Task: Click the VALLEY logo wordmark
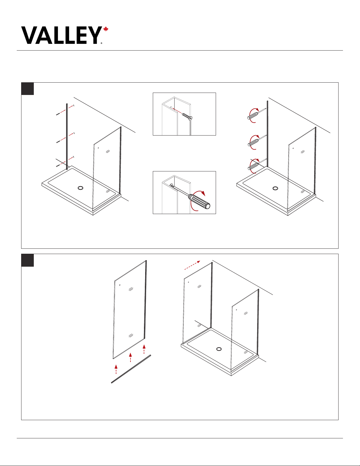[61, 35]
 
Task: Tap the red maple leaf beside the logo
[106, 29]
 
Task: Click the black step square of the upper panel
[27, 88]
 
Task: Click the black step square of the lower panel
[27, 260]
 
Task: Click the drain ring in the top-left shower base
[80, 188]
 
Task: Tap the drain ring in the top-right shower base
[275, 188]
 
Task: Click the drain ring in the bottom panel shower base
[219, 349]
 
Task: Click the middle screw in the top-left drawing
[58, 142]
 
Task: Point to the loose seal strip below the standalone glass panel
[131, 369]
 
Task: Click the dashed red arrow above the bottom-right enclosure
[192, 265]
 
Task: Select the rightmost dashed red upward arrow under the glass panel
[144, 349]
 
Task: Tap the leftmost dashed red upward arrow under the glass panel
[116, 369]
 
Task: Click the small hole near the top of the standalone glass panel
[120, 285]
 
